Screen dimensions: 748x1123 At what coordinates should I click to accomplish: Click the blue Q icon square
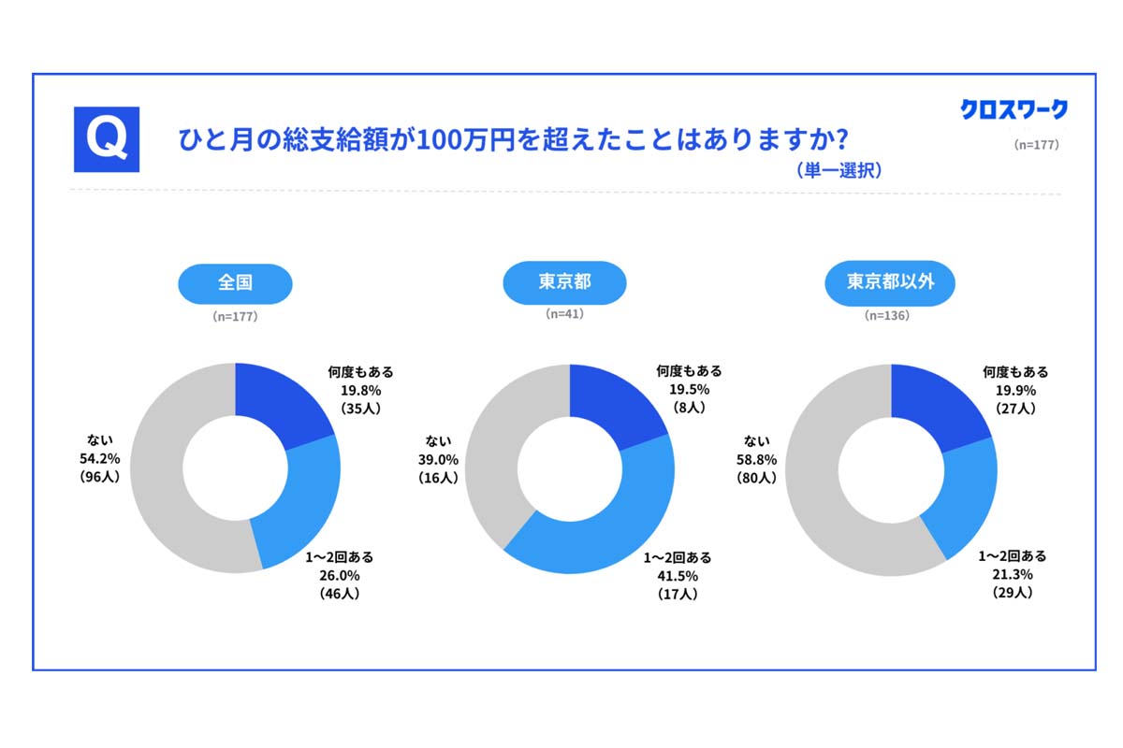(x=107, y=139)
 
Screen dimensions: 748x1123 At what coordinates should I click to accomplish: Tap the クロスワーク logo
(x=1014, y=109)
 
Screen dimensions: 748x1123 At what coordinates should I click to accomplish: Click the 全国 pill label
(x=235, y=281)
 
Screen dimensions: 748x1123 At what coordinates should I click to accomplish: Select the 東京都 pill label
(x=564, y=281)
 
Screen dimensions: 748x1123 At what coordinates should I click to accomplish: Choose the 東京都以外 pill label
(x=890, y=281)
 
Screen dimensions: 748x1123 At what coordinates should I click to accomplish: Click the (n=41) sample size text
(x=564, y=314)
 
